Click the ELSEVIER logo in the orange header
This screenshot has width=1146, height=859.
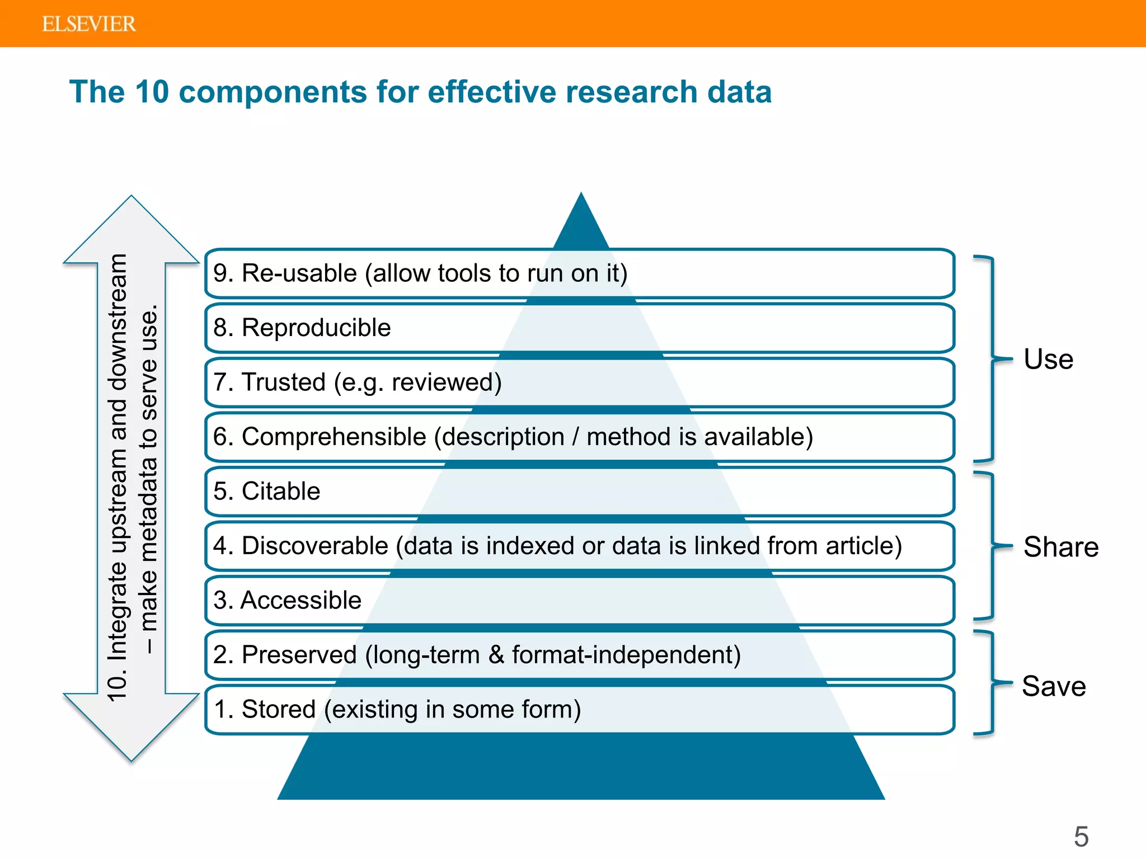[89, 24]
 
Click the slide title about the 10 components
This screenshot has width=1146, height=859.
[420, 92]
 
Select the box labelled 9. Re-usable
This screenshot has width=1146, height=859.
[580, 273]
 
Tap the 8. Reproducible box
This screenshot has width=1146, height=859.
[580, 328]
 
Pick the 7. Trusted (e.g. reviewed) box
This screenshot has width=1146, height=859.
[580, 383]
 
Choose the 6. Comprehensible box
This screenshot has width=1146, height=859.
[580, 437]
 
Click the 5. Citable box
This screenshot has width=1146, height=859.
[580, 491]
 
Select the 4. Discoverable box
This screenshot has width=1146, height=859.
[580, 546]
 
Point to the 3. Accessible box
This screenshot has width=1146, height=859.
[580, 600]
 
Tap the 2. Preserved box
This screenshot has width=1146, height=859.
[580, 655]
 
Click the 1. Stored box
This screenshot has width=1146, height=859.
[580, 709]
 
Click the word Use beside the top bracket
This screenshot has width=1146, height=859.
[1048, 359]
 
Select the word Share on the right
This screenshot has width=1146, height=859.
[1060, 547]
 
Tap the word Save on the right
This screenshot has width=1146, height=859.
[1054, 686]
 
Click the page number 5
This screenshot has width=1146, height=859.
[1081, 837]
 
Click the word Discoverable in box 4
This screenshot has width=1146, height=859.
[314, 546]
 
